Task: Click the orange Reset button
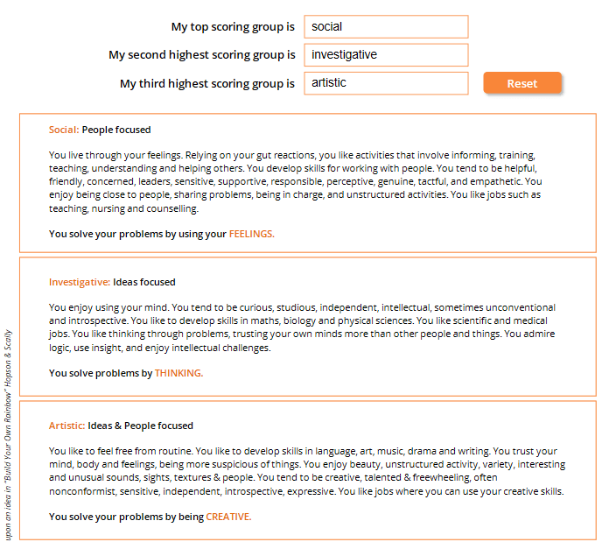pyautogui.click(x=521, y=83)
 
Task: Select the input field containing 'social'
pyautogui.click(x=386, y=27)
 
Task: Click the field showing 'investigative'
pyautogui.click(x=386, y=55)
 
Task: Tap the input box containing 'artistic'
pyautogui.click(x=386, y=83)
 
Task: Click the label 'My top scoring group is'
pyautogui.click(x=233, y=27)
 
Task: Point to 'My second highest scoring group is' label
pyautogui.click(x=202, y=55)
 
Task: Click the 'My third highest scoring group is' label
pyautogui.click(x=207, y=84)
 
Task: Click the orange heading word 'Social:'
pyautogui.click(x=64, y=130)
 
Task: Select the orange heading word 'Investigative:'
pyautogui.click(x=80, y=282)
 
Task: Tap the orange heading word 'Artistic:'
pyautogui.click(x=66, y=426)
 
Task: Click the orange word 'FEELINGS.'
pyautogui.click(x=251, y=234)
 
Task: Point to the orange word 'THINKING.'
pyautogui.click(x=178, y=373)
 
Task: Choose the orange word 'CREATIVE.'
pyautogui.click(x=228, y=517)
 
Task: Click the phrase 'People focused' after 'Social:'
pyautogui.click(x=116, y=130)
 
